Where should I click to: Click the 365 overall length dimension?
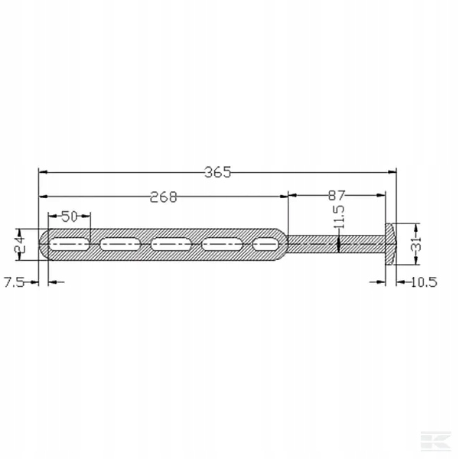click(217, 172)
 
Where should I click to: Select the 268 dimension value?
click(164, 197)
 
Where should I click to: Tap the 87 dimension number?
click(337, 195)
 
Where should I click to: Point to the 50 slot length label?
click(69, 216)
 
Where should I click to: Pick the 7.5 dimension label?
click(14, 282)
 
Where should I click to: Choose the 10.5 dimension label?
click(424, 282)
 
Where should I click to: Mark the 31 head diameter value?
click(417, 244)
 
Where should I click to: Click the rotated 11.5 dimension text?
click(339, 217)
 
